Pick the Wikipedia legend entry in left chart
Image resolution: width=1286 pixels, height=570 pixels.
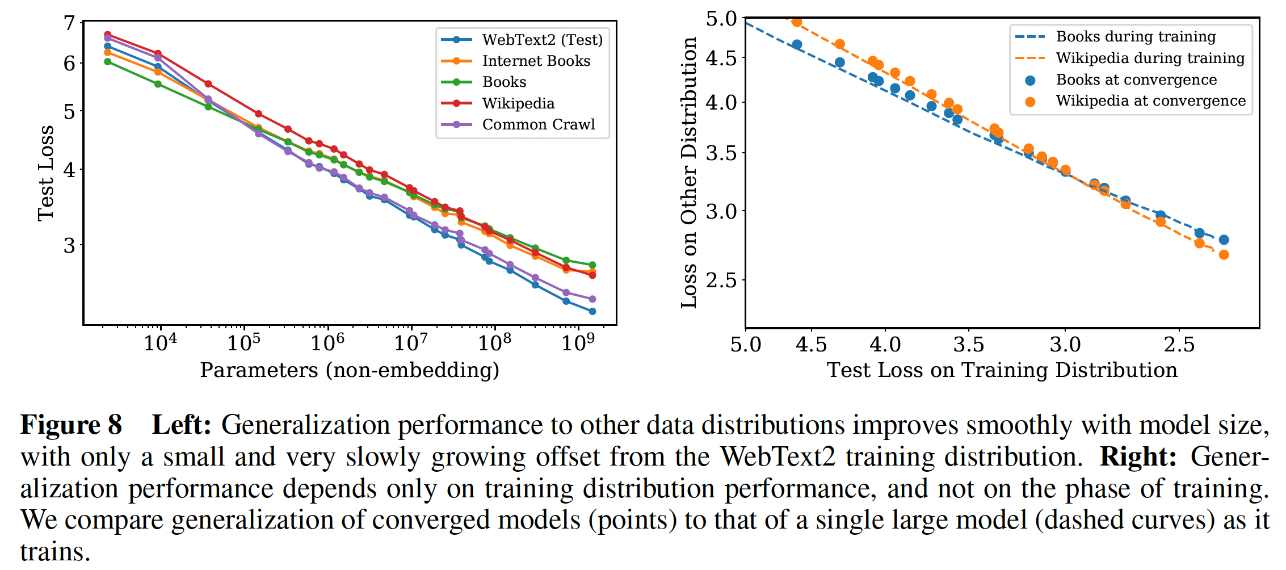tap(518, 103)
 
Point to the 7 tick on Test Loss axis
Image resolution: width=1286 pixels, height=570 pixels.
tap(70, 23)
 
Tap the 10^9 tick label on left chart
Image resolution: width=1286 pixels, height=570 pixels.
tap(578, 342)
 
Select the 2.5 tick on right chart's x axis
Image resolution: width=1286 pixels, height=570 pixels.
tap(1179, 345)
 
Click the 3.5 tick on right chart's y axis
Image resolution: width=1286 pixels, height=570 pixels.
tap(721, 153)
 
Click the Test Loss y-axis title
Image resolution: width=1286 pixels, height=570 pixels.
tap(45, 173)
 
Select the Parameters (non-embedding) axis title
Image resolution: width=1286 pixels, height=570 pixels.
tap(350, 370)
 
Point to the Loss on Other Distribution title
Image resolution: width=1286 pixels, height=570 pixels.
tap(689, 173)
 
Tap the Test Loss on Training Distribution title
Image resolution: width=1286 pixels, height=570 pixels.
tap(1002, 370)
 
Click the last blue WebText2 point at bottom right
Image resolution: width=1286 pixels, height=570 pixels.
tap(592, 311)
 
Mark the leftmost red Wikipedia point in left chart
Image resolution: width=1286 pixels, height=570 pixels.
tap(108, 35)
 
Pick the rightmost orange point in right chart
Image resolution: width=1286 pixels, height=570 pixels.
tap(1224, 255)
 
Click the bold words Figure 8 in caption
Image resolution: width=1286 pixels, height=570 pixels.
tap(72, 425)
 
